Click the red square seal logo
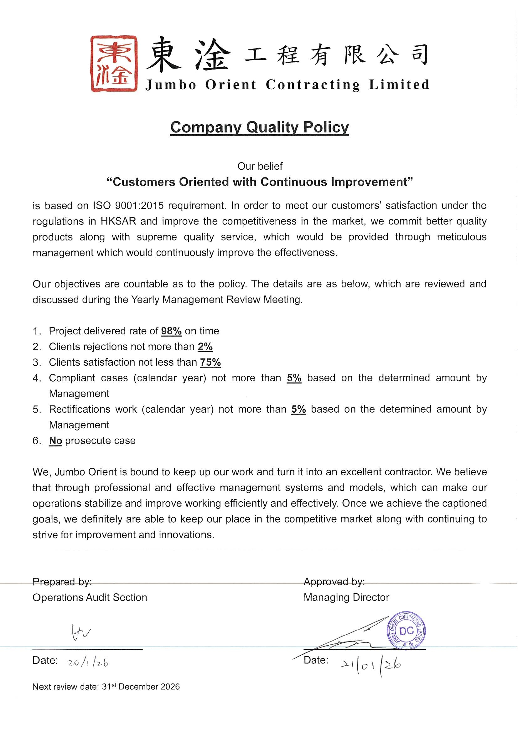pyautogui.click(x=114, y=64)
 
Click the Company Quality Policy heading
pyautogui.click(x=259, y=127)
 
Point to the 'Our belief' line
pyautogui.click(x=260, y=166)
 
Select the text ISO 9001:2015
pyautogui.click(x=128, y=206)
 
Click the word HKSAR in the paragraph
pyautogui.click(x=118, y=221)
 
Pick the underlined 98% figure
pyautogui.click(x=171, y=331)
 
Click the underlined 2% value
pyautogui.click(x=205, y=347)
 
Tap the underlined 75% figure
pyautogui.click(x=210, y=362)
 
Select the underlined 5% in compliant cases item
pyautogui.click(x=294, y=378)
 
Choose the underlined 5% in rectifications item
pyautogui.click(x=298, y=409)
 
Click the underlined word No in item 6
pyautogui.click(x=55, y=441)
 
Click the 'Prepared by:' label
pyautogui.click(x=62, y=582)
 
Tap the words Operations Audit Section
pyautogui.click(x=90, y=597)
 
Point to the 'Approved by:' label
pyautogui.click(x=334, y=582)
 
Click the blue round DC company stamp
pyautogui.click(x=406, y=630)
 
